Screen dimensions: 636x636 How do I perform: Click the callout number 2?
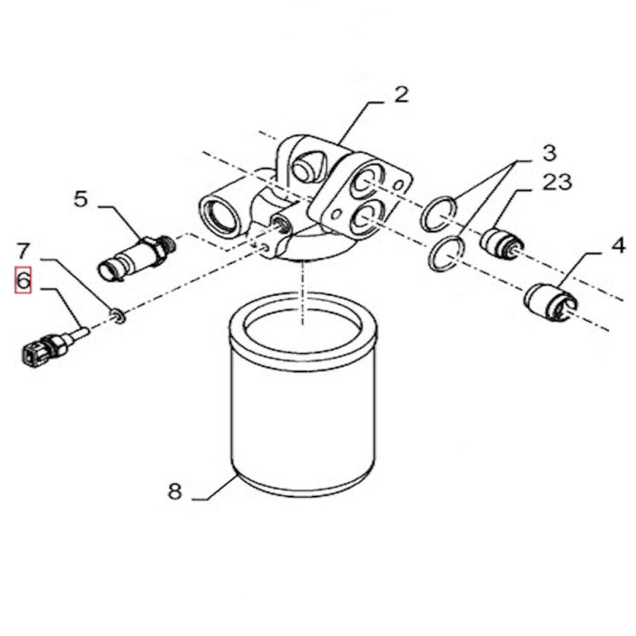[401, 95]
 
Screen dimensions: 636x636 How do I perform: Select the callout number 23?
[557, 182]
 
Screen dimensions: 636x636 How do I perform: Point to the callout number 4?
[618, 246]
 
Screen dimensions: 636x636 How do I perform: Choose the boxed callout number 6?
[23, 281]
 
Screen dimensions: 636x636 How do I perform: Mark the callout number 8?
[175, 491]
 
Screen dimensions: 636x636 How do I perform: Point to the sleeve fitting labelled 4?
[548, 301]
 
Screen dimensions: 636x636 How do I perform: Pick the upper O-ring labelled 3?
[440, 212]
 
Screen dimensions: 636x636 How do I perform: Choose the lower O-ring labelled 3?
[446, 253]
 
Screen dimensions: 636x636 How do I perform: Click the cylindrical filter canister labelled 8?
[301, 397]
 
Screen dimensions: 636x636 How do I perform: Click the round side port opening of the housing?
[217, 214]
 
